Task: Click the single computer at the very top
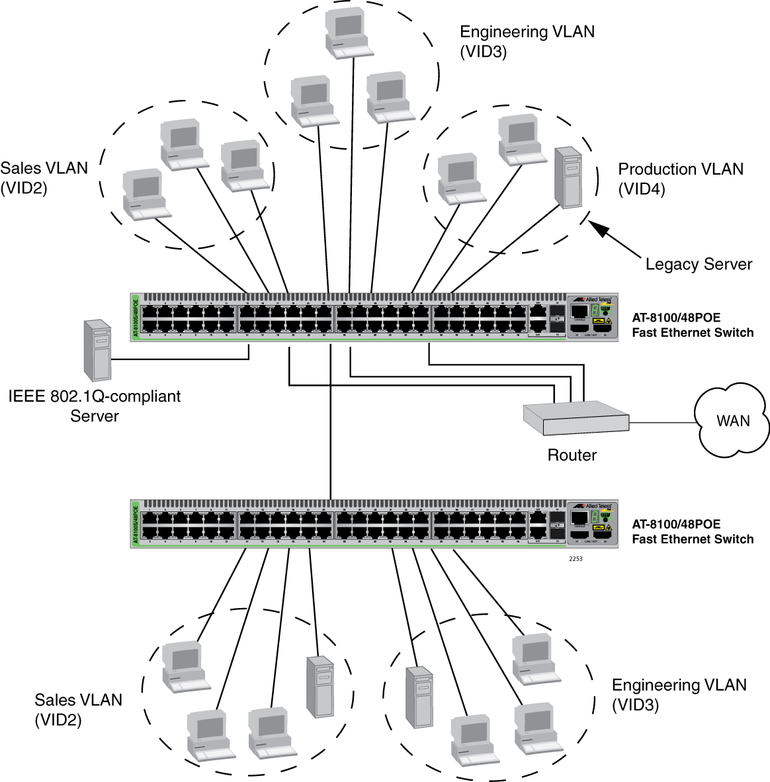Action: pyautogui.click(x=348, y=32)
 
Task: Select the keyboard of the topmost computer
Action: pyautogui.click(x=353, y=50)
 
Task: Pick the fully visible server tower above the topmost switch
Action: pyautogui.click(x=568, y=177)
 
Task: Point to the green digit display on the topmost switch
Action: pyautogui.click(x=595, y=311)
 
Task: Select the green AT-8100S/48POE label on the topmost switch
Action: pyautogui.click(x=136, y=317)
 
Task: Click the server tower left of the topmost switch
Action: pyautogui.click(x=97, y=350)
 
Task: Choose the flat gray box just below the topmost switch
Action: pyautogui.click(x=576, y=417)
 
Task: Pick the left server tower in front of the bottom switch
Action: pyautogui.click(x=320, y=688)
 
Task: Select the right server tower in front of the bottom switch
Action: pyautogui.click(x=419, y=697)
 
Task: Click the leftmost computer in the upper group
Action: pyautogui.click(x=146, y=194)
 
